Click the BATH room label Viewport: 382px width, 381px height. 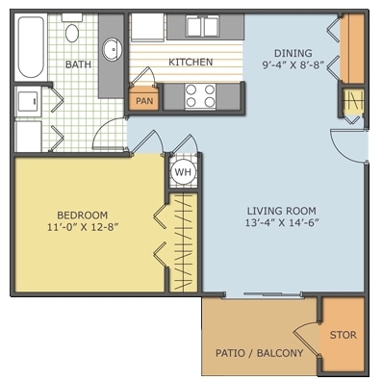78,64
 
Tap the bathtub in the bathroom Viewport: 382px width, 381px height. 31,47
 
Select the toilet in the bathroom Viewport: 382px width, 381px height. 72,28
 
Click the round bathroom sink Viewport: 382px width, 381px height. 112,49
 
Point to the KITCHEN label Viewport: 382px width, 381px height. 191,62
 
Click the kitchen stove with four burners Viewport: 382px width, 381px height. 200,95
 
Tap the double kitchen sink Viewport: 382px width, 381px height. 202,27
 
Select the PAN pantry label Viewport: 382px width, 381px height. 144,101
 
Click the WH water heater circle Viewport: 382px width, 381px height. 183,172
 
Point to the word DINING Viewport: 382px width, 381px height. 293,53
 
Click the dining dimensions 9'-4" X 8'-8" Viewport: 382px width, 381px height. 293,65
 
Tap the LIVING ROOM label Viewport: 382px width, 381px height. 282,211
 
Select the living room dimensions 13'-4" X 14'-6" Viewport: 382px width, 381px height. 282,222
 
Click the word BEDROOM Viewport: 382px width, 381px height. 82,215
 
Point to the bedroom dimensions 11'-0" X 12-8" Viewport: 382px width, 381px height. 83,227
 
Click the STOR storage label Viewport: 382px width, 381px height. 343,335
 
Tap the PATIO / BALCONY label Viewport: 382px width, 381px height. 259,353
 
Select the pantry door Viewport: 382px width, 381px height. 141,77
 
